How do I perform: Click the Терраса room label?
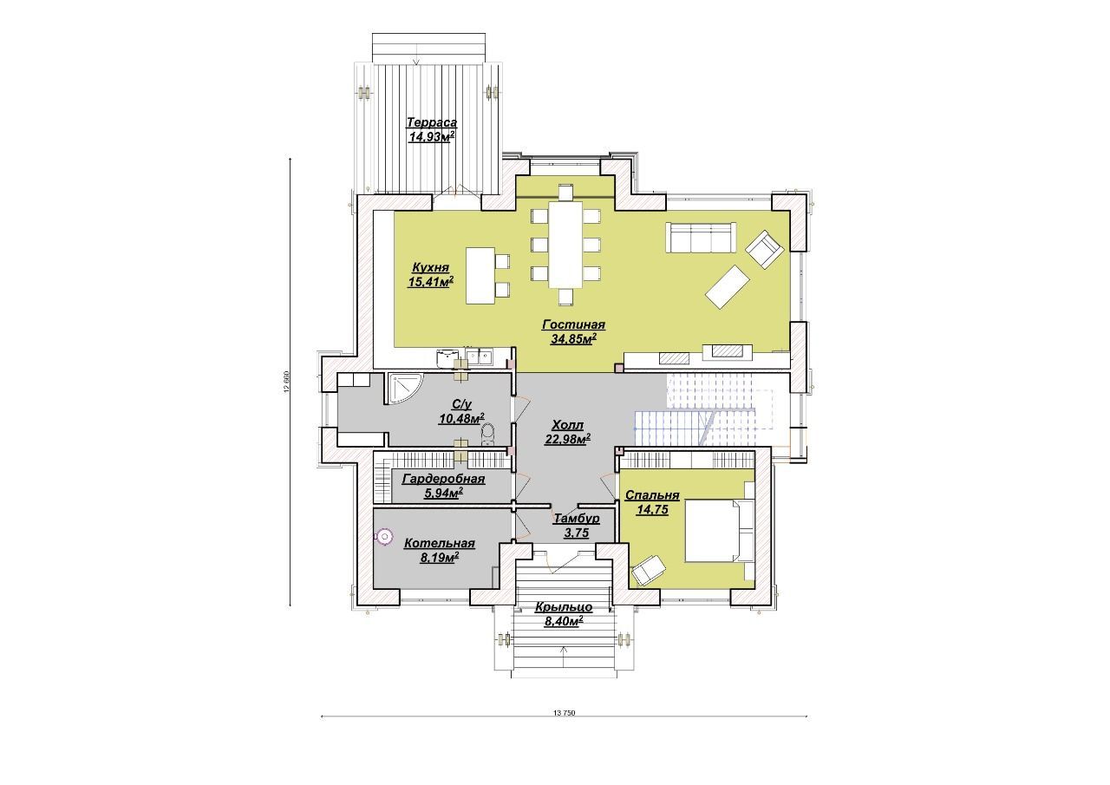(x=432, y=122)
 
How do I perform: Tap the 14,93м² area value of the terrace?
(x=432, y=137)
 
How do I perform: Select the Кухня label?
(x=431, y=268)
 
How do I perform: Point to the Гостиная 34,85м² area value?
(x=573, y=339)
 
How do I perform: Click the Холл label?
(x=567, y=425)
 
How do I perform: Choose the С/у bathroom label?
(x=462, y=404)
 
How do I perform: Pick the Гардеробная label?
(x=443, y=479)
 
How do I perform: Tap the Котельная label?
(x=440, y=544)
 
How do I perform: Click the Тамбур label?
(x=577, y=519)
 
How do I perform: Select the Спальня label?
(x=652, y=495)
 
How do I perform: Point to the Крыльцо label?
(x=564, y=607)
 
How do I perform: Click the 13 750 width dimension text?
(x=564, y=713)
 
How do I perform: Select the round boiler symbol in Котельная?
(x=384, y=536)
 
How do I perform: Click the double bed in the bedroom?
(x=719, y=531)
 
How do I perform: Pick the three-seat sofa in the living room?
(x=700, y=238)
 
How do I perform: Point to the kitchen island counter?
(x=480, y=276)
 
